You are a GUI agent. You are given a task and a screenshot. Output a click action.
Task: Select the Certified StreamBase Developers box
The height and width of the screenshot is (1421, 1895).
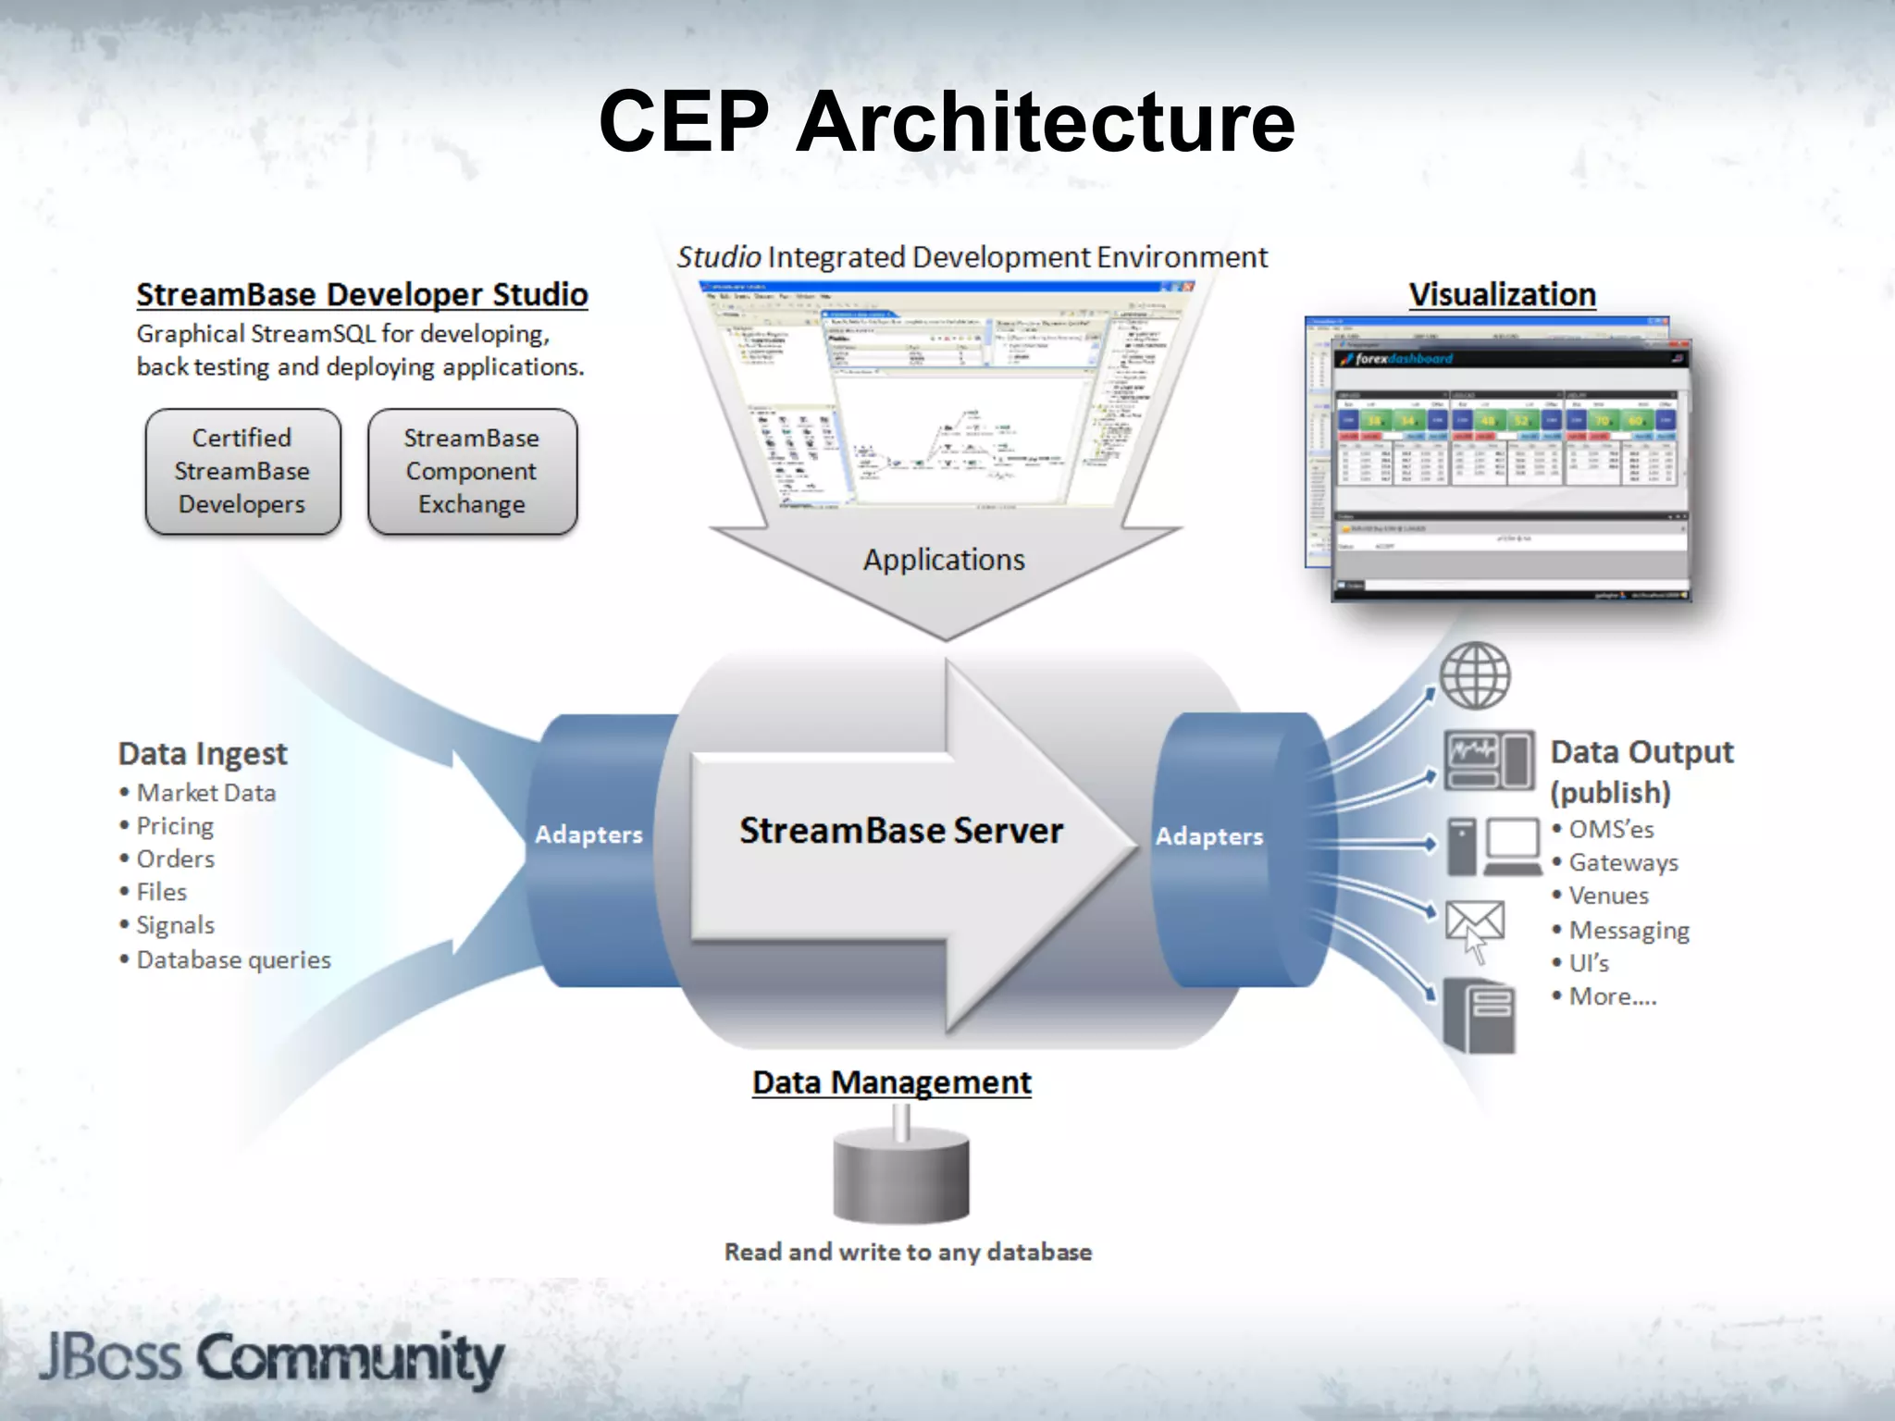[x=242, y=472]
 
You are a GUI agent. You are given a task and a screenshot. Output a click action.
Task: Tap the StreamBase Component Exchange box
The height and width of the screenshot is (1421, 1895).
[x=472, y=472]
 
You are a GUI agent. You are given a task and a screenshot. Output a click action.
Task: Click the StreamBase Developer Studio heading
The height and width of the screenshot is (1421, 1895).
[x=362, y=295]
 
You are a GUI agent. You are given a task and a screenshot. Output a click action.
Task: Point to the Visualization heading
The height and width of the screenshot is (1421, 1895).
[x=1502, y=295]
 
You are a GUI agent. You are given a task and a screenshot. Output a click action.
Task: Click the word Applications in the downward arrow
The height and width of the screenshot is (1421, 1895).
[x=944, y=560]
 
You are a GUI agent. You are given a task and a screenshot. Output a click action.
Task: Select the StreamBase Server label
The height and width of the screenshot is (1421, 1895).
[x=901, y=831]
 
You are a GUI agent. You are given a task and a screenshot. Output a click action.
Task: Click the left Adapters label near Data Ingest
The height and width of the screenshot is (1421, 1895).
[x=588, y=834]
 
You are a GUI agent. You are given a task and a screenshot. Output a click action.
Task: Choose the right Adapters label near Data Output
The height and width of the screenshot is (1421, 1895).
[x=1208, y=836]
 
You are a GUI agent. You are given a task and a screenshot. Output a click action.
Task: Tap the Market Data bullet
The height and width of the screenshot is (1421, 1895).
[x=205, y=793]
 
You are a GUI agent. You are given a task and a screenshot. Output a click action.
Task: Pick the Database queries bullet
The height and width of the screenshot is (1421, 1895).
[x=233, y=959]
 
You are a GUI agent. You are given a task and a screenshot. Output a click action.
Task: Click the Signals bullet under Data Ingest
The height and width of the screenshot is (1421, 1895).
[x=175, y=925]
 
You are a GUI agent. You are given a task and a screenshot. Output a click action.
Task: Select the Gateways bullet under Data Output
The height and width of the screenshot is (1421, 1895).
[x=1623, y=863]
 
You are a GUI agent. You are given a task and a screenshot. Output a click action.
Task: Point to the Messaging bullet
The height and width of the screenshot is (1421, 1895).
[x=1629, y=930]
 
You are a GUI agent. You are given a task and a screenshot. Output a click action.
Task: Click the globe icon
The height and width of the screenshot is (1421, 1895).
[x=1475, y=675]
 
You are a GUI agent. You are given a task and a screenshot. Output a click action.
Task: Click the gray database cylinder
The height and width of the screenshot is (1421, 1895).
[x=901, y=1175]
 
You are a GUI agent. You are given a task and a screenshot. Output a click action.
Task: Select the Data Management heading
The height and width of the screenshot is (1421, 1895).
[x=891, y=1082]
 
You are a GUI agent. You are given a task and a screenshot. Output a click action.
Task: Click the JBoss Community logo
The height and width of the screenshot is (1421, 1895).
[x=271, y=1358]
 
